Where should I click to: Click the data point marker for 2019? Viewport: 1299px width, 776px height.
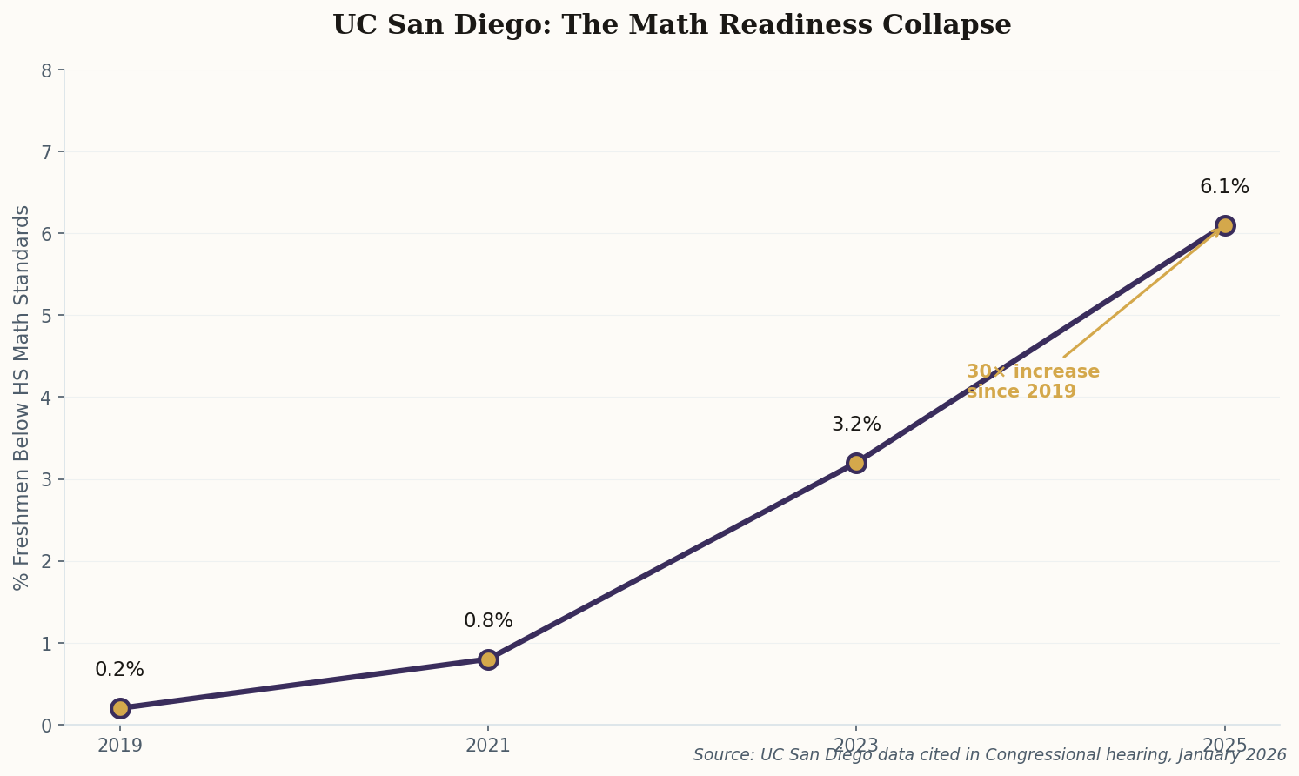point(120,708)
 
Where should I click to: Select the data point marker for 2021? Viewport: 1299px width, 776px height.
point(488,659)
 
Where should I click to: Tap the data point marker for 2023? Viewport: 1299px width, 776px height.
point(856,463)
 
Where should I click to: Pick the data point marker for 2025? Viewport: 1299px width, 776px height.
point(1225,225)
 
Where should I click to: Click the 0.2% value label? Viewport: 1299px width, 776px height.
point(119,670)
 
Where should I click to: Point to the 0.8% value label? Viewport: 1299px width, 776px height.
point(488,621)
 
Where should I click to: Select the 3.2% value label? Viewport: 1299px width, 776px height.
point(856,425)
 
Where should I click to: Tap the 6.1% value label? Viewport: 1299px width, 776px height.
point(1224,187)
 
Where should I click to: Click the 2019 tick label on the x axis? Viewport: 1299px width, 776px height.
point(120,746)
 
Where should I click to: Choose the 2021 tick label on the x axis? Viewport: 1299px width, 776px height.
point(488,746)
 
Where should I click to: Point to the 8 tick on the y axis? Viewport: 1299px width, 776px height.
point(47,70)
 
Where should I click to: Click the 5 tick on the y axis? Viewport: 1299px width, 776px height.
point(47,316)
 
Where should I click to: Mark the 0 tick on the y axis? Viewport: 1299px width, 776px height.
point(47,726)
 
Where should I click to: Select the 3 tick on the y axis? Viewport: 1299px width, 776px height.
point(47,479)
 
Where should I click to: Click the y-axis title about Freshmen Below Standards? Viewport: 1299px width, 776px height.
point(23,398)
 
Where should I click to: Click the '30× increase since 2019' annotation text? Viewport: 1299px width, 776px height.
point(1033,382)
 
